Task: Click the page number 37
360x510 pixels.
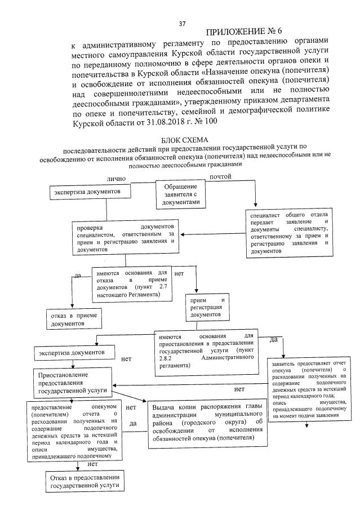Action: pyautogui.click(x=181, y=24)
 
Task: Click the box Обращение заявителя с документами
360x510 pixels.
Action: pyautogui.click(x=180, y=194)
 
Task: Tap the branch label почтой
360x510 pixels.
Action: pyautogui.click(x=220, y=178)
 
